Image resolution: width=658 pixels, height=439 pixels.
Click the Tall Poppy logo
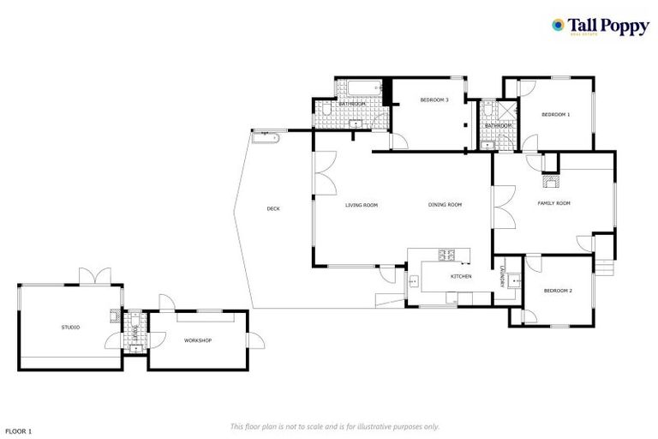(x=600, y=26)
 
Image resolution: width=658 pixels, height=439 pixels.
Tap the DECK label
(x=273, y=208)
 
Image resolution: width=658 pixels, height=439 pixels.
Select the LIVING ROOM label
(x=362, y=205)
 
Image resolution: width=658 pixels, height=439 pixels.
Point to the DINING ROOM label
(x=446, y=205)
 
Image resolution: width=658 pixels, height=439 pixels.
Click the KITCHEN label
(x=461, y=276)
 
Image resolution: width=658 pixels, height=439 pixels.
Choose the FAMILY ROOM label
(x=553, y=203)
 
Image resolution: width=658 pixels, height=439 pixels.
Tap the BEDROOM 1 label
(x=555, y=114)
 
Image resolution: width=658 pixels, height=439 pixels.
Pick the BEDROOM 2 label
(x=558, y=291)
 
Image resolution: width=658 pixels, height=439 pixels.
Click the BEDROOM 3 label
(x=434, y=100)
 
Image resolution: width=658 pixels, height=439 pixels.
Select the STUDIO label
(x=70, y=327)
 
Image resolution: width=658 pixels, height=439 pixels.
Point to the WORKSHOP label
(x=198, y=340)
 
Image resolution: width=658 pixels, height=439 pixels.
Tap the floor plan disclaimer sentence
(x=335, y=426)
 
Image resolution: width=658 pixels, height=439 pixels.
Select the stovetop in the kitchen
(x=446, y=255)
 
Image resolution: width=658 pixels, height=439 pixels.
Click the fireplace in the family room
(x=550, y=181)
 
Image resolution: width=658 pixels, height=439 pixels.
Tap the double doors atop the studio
(x=95, y=276)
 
